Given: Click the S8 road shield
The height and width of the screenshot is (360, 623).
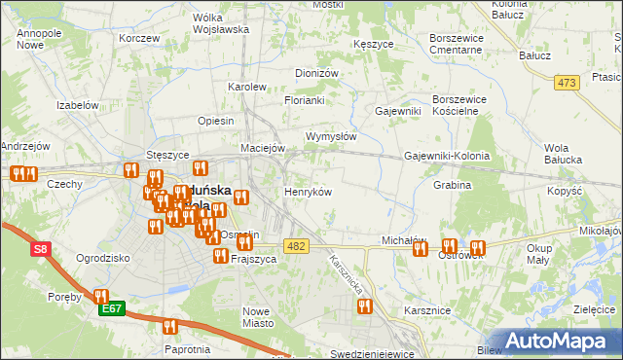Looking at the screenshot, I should tap(40, 250).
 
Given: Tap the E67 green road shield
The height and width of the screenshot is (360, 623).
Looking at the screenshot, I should tap(112, 309).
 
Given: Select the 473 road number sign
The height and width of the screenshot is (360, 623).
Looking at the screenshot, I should tap(568, 84).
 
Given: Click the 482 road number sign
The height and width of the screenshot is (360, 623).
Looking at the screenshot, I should tap(297, 246).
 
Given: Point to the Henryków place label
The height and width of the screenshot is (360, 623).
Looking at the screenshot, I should tap(308, 192).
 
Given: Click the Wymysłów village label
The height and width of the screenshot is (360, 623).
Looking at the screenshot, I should tap(331, 137).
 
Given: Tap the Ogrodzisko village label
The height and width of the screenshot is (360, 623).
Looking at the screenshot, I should tap(103, 259).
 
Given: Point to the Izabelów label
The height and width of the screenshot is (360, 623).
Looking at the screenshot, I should tap(79, 105).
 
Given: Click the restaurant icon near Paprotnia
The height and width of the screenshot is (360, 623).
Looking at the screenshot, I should tap(170, 327).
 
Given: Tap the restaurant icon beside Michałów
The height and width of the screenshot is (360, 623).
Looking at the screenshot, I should tap(420, 248).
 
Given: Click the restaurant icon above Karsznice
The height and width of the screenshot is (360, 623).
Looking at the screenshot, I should tap(364, 306).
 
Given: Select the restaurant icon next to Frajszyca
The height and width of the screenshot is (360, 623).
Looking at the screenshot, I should tap(221, 257).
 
